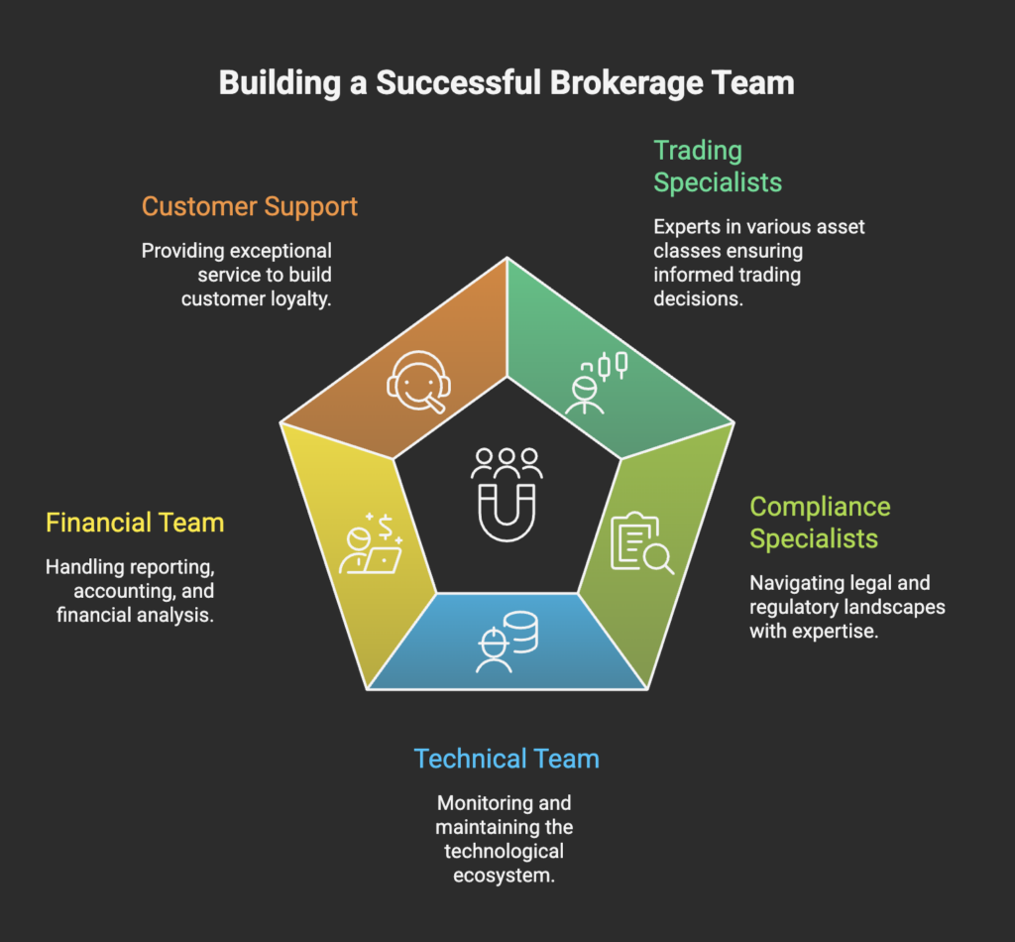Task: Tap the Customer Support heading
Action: coord(249,206)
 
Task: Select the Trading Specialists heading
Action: coord(717,167)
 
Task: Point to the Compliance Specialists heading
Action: coord(819,523)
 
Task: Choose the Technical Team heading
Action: coord(507,760)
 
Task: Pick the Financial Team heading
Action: coord(135,523)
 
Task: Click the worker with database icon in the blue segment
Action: coord(507,641)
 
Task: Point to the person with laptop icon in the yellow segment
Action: coord(369,544)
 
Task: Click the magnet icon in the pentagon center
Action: coord(507,512)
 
